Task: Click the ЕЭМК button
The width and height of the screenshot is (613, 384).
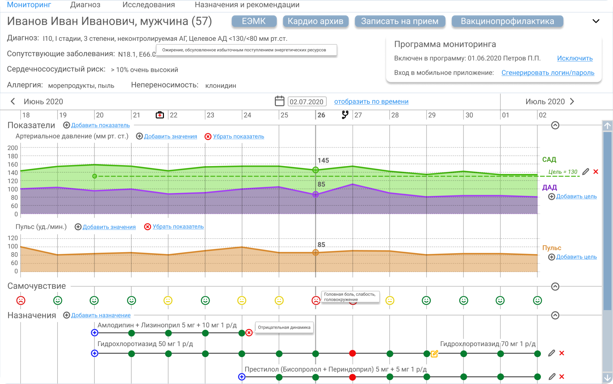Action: click(x=254, y=21)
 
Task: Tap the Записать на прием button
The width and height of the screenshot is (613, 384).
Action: click(x=400, y=21)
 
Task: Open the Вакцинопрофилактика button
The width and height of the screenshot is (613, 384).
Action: click(x=507, y=21)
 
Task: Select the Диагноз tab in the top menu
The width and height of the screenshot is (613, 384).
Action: click(x=85, y=5)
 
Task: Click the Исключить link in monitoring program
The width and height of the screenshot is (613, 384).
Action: click(x=575, y=58)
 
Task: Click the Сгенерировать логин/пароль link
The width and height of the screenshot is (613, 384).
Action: click(x=548, y=73)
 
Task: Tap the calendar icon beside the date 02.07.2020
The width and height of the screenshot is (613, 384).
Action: click(x=279, y=101)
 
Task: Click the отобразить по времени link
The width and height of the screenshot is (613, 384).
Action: click(x=371, y=101)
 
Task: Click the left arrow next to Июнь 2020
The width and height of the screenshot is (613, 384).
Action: click(x=13, y=101)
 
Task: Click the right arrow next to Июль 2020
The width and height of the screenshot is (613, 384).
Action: click(x=572, y=101)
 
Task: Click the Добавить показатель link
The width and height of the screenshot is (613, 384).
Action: click(x=100, y=125)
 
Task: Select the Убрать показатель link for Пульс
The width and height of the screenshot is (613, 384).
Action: click(x=178, y=227)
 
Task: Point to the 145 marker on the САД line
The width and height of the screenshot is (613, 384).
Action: click(x=316, y=170)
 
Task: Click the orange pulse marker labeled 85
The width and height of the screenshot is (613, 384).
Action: click(x=316, y=253)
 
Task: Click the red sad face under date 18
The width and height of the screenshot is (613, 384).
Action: click(x=21, y=300)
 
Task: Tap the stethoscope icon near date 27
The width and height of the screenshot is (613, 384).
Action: click(x=345, y=115)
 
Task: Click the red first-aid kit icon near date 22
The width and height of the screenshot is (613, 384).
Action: click(x=160, y=115)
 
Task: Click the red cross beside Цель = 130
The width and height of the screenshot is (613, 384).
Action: click(x=596, y=172)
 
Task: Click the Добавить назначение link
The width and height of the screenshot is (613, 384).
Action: click(x=101, y=315)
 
